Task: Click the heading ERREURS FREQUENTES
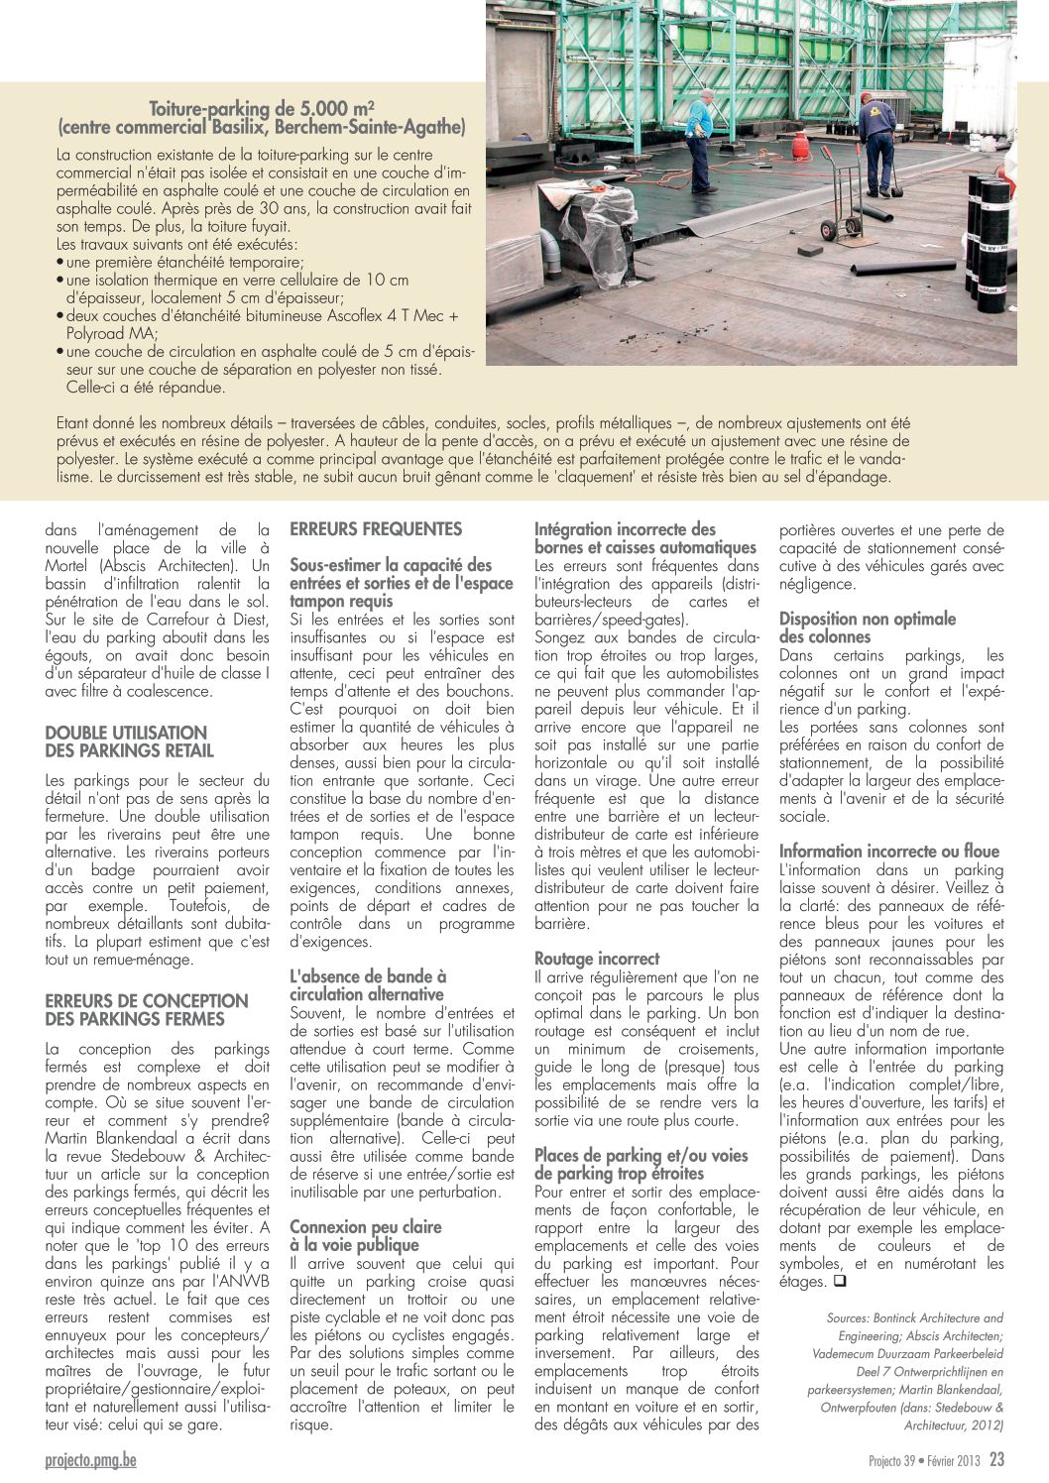tap(376, 529)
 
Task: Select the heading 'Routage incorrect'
tap(597, 959)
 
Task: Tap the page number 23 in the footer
tap(996, 1460)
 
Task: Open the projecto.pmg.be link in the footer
tap(90, 1460)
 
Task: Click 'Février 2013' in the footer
tap(953, 1461)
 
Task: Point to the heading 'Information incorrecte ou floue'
tap(889, 851)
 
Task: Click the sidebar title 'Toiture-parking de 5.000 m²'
tap(262, 109)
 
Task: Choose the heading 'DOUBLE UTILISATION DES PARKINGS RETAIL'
tap(129, 741)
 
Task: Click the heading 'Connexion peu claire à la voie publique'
tap(365, 1235)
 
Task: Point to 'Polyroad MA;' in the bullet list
tap(111, 334)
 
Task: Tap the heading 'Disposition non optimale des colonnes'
tap(868, 627)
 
